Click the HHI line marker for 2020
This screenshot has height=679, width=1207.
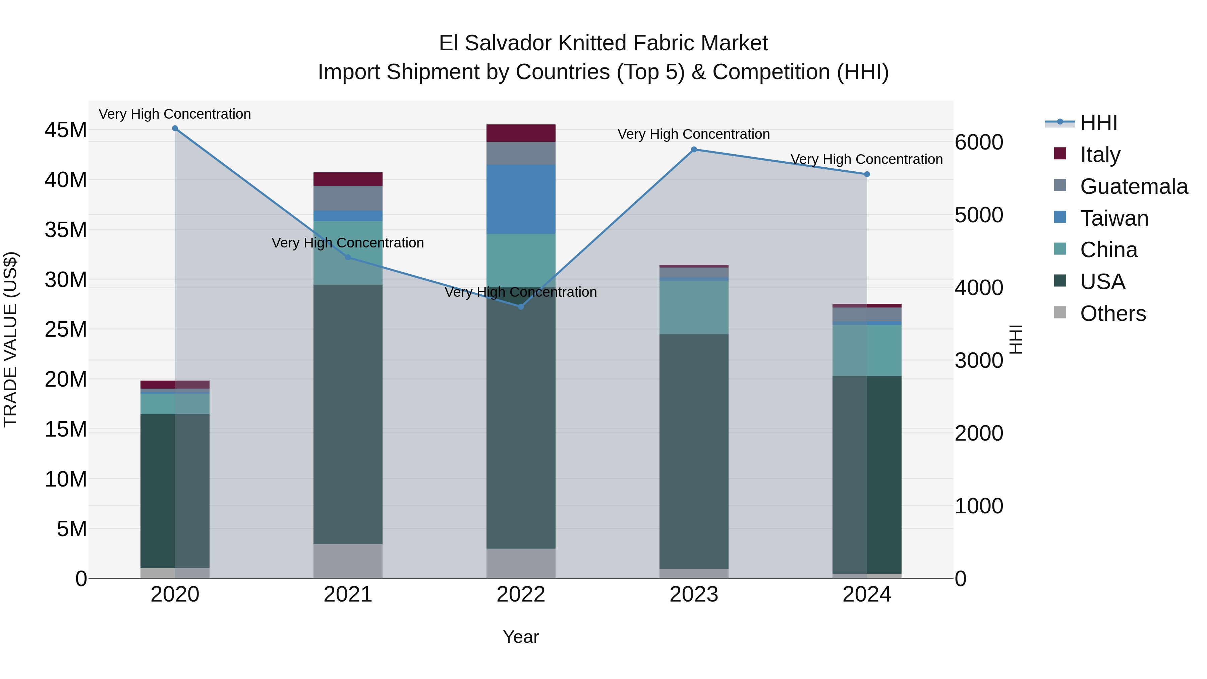175,128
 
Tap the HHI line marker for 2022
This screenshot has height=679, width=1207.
521,306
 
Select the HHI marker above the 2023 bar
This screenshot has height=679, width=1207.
694,150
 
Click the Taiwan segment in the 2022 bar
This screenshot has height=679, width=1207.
521,199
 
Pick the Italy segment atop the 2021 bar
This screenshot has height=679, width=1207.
348,179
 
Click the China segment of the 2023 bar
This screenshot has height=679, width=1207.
694,307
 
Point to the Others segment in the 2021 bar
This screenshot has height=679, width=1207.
348,561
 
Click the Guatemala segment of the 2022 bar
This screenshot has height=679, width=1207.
521,153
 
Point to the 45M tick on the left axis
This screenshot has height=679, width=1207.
66,130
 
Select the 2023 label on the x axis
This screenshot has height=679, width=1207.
694,595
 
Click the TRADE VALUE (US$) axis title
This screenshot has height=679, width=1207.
10,339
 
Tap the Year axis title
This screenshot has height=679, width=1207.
521,637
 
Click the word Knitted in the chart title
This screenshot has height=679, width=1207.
591,43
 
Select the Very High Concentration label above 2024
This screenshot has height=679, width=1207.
866,159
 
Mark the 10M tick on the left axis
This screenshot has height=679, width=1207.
66,479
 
